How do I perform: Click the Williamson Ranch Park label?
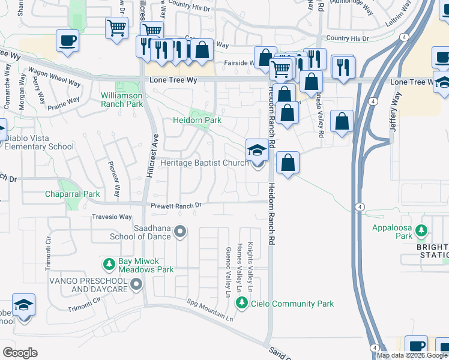coord(122,100)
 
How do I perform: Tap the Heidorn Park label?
coord(198,121)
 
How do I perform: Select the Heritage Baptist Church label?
coord(204,163)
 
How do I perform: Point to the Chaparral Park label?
coord(72,194)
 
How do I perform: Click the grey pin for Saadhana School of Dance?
coord(181,232)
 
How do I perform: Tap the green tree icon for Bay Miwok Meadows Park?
coord(109,264)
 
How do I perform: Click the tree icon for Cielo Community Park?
coord(242,303)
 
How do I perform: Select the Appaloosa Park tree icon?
coord(421,230)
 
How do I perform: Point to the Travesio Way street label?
coord(111,217)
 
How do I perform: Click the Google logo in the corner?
coord(20,352)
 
